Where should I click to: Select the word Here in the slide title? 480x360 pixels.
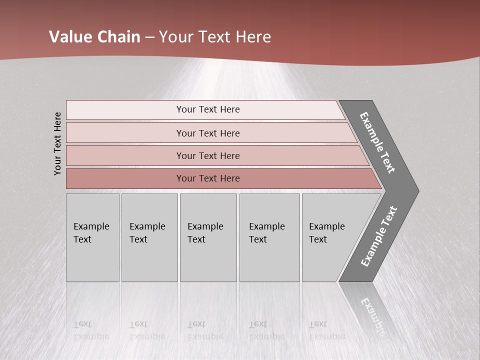pos(253,37)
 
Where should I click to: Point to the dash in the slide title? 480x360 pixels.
pos(149,37)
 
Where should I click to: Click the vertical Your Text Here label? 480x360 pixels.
pos(57,143)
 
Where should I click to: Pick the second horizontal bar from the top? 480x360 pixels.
pos(207,133)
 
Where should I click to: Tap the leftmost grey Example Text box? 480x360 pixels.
pos(92,237)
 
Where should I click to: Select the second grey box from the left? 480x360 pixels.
pos(149,237)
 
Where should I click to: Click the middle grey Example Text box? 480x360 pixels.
pos(208,237)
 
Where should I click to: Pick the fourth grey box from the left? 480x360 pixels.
pos(269,237)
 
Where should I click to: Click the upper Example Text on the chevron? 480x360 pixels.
pos(377,142)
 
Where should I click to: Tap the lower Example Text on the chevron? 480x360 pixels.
pos(379,236)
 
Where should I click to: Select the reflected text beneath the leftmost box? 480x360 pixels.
pos(91,330)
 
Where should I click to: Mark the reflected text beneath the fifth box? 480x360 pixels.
pos(326,330)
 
